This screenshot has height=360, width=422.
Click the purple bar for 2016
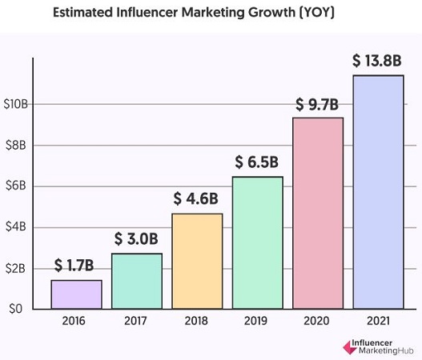coord(76,294)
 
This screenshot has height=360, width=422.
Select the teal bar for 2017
coord(137,281)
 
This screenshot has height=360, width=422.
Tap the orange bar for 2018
coord(197,261)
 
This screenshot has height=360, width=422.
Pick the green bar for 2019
coord(258,242)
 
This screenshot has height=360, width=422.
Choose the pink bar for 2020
coord(318,214)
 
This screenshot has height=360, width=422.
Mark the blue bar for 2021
coord(379,192)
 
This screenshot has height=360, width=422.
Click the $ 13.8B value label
coord(377,61)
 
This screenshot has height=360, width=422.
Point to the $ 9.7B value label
coord(317,104)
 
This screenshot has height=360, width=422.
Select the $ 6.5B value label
coord(256,162)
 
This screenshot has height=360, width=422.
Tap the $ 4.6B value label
coord(195,198)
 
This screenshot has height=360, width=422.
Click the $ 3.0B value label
coord(136,238)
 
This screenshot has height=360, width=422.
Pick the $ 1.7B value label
coord(74,265)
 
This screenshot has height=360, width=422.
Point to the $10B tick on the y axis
coord(15,104)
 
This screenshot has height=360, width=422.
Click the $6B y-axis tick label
coord(15,186)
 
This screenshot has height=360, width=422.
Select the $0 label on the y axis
coord(15,309)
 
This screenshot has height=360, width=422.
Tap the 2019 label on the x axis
coord(255,321)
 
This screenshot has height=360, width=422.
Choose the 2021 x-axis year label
coord(378,321)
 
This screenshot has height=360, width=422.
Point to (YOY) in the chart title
coord(317,12)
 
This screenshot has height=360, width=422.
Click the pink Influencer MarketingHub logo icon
coord(350,347)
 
